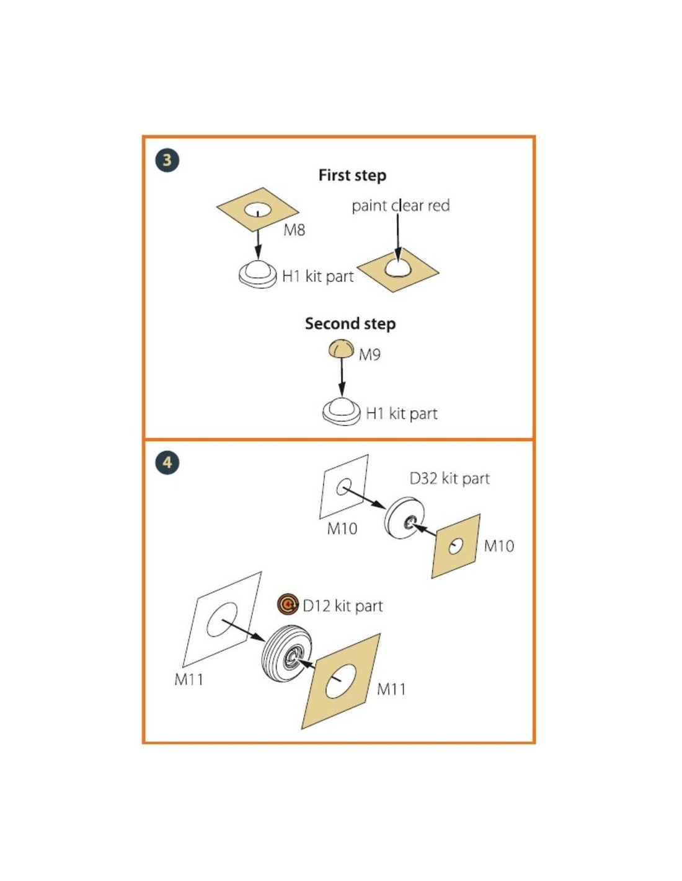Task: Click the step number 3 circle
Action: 167,160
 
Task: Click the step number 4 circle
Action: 167,462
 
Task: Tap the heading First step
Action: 352,176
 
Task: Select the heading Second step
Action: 350,323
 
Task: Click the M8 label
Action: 294,230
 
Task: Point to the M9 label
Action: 370,355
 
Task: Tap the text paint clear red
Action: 401,206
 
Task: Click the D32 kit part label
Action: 449,479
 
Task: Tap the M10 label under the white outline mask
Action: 342,528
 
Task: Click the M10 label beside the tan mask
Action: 498,546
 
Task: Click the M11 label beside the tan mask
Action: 391,689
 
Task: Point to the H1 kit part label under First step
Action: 317,277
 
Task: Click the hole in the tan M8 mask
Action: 258,211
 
